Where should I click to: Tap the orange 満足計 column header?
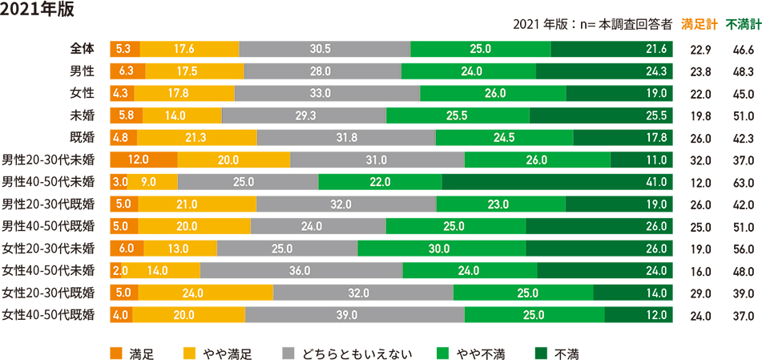[x=698, y=25]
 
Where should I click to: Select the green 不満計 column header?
[x=742, y=25]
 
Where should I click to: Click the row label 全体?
[x=83, y=49]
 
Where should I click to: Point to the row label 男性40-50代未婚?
[x=49, y=180]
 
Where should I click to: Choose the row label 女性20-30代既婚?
[x=49, y=292]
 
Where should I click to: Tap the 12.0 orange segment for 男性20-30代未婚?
[x=143, y=160]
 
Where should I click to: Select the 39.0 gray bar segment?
[x=354, y=314]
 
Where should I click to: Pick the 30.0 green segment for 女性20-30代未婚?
[x=441, y=248]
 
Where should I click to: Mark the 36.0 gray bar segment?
[x=301, y=270]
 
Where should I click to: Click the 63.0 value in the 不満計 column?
[x=743, y=182]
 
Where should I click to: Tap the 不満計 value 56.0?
[x=743, y=249]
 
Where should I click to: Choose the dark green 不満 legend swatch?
[x=540, y=352]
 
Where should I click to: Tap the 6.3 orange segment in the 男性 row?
[x=127, y=71]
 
